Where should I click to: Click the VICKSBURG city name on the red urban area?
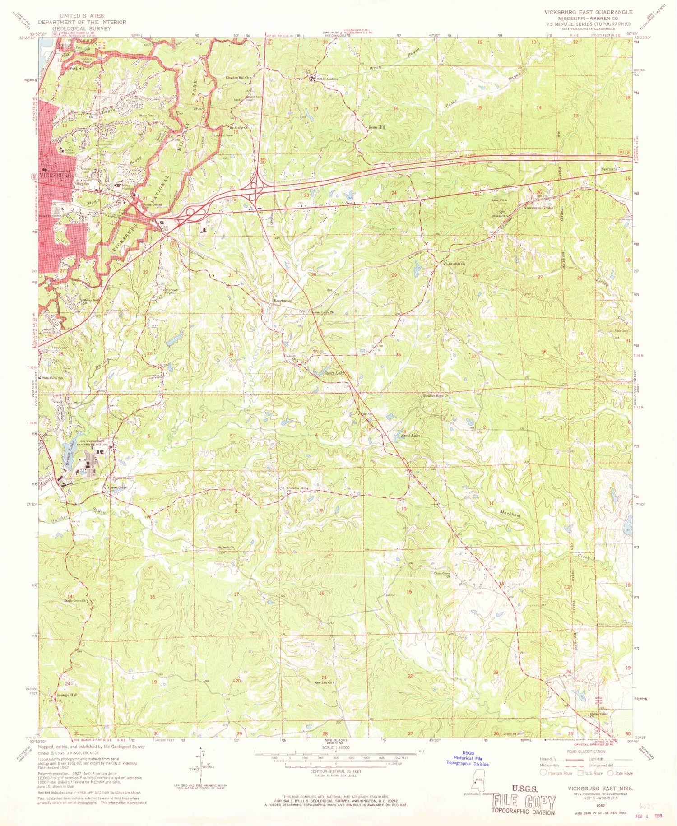[x=56, y=175]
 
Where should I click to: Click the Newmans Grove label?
[x=538, y=209]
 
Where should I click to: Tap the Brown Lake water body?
[x=69, y=457]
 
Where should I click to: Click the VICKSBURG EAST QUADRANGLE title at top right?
[x=588, y=12]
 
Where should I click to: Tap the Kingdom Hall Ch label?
[x=238, y=78]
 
